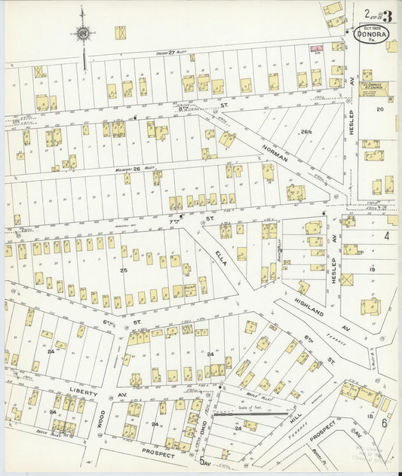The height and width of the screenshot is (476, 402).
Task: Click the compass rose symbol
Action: pos(82,33)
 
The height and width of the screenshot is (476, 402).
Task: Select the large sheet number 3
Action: pos(387,15)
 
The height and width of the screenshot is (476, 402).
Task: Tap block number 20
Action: pos(380,109)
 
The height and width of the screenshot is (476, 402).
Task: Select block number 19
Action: pos(371,269)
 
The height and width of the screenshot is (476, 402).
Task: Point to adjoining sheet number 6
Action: pos(384,423)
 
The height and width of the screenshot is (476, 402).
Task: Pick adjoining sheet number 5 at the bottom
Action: pos(201,460)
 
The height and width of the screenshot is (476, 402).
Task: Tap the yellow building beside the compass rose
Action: pos(120,33)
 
